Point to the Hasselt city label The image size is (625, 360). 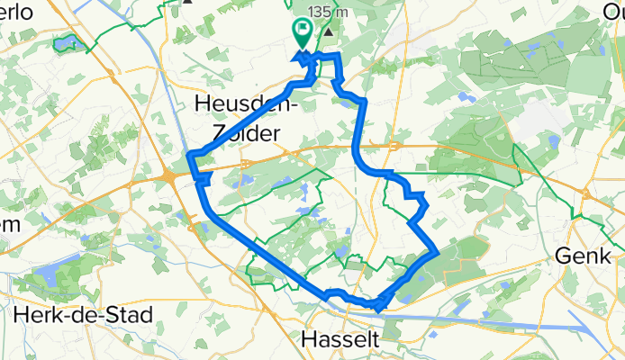tap(340, 340)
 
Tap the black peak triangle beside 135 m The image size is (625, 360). tap(328, 31)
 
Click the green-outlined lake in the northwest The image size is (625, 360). tap(66, 41)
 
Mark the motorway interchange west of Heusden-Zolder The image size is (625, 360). tap(171, 176)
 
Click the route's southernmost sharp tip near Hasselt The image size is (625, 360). tap(377, 309)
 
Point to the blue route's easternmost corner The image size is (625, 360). tap(439, 253)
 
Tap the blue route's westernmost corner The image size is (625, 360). tap(189, 158)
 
